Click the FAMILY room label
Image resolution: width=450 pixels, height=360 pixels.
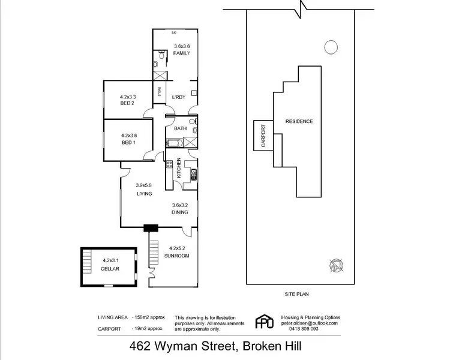pos(181,53)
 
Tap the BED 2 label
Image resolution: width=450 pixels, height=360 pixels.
pos(127,103)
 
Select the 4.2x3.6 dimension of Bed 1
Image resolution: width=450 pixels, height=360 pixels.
pos(128,136)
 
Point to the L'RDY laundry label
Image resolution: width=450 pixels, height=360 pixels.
pos(178,98)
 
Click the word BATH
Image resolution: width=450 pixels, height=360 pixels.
pos(180,129)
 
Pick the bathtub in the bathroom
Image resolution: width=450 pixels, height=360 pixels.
pos(175,143)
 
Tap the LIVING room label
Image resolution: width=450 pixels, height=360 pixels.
pos(143,194)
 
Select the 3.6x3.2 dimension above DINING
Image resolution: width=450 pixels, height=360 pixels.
pos(180,205)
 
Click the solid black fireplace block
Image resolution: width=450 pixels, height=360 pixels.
pos(150,228)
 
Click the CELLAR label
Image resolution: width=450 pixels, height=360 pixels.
pos(110,269)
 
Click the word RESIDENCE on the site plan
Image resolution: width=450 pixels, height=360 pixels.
pos(298,121)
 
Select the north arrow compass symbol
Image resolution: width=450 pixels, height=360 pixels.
pos(336,264)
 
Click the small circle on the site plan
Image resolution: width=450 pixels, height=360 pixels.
pos(330,47)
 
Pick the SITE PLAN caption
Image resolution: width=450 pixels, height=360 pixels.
pos(300,295)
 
